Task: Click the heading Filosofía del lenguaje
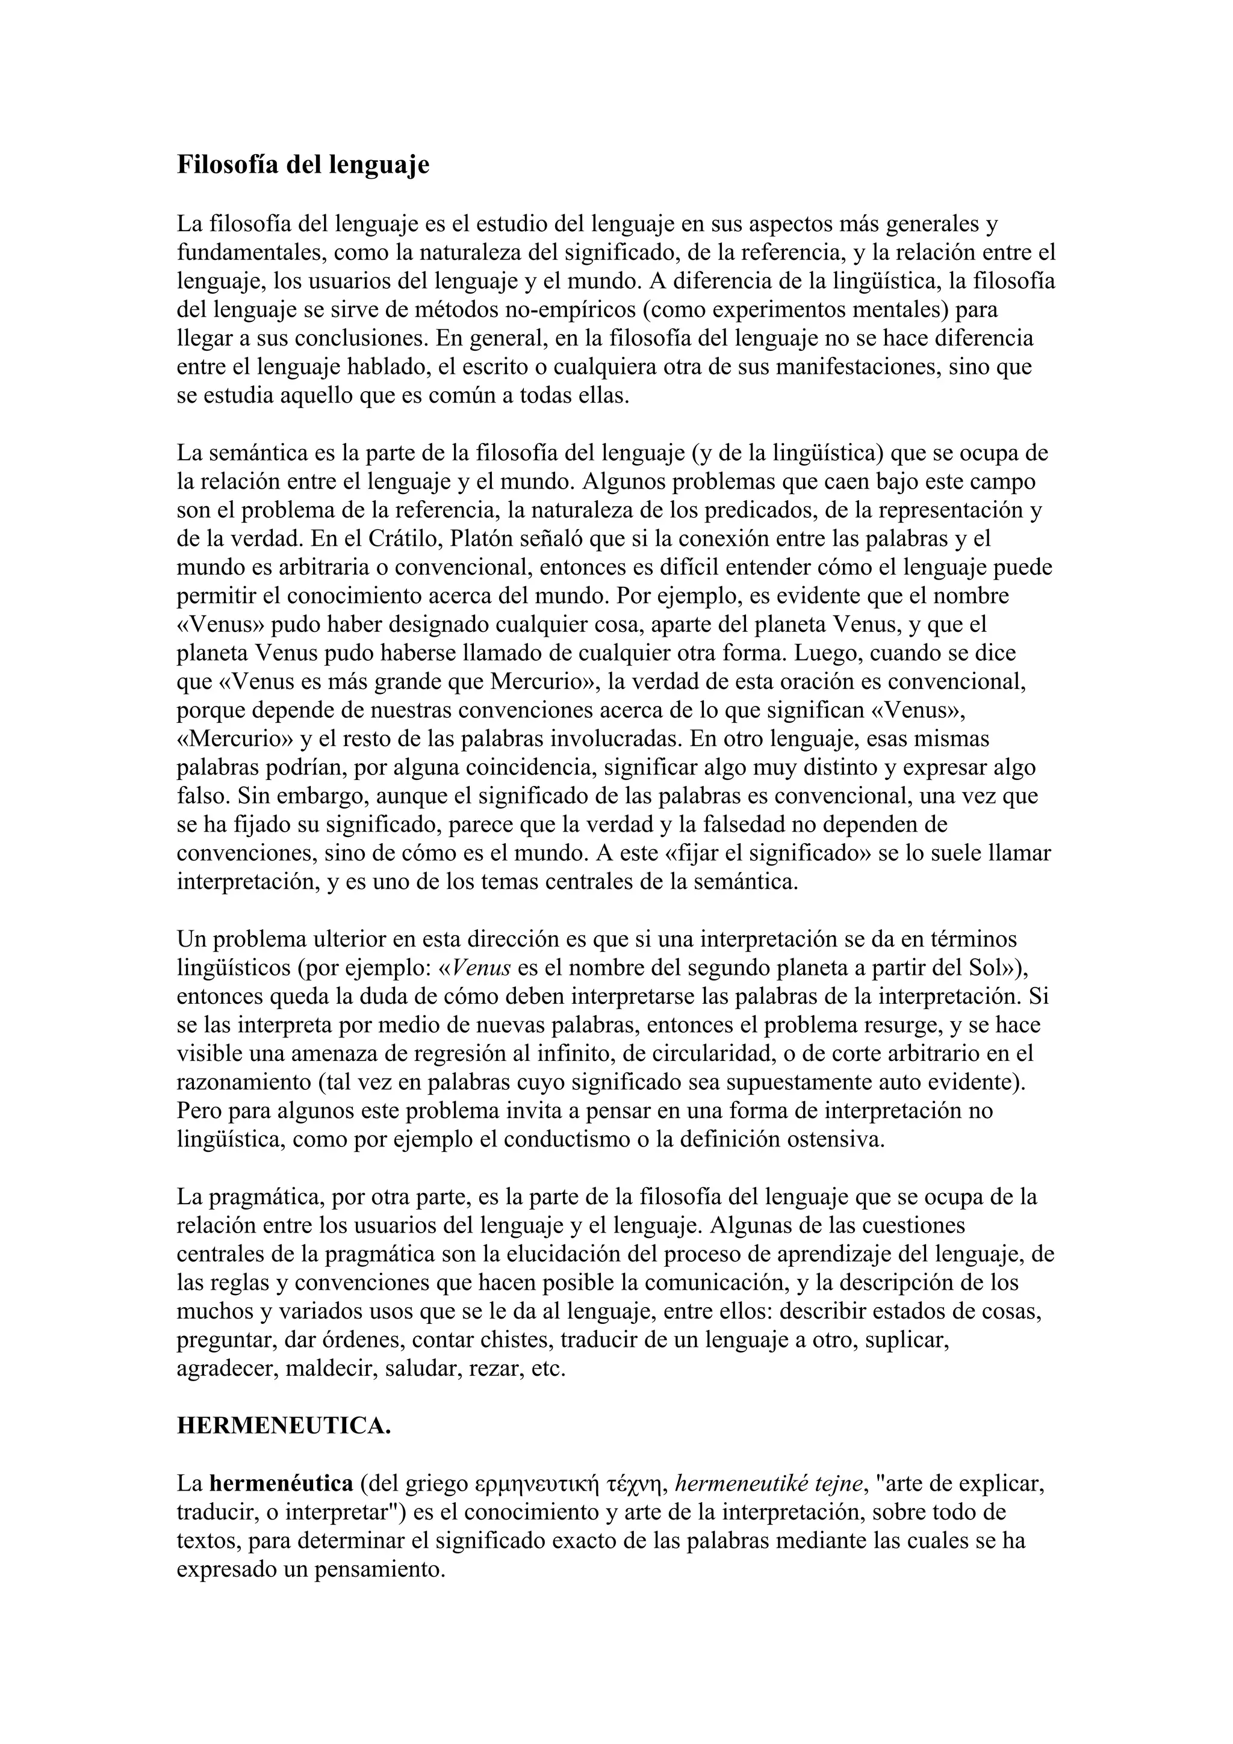303,165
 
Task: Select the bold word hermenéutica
282,1483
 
